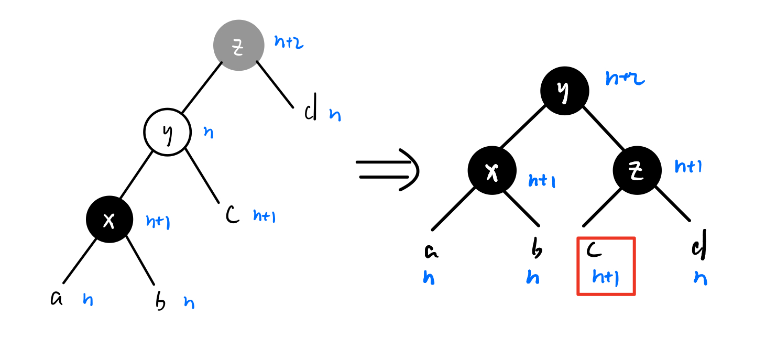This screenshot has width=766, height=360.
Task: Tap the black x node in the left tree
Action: (109, 220)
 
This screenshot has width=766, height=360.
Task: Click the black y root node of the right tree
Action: (564, 91)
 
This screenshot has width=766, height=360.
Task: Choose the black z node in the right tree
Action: (637, 170)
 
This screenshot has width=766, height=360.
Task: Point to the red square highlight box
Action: (606, 266)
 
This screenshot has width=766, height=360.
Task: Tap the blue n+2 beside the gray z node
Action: (289, 42)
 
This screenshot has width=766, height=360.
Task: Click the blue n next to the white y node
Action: (208, 133)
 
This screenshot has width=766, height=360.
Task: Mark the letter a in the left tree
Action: (56, 298)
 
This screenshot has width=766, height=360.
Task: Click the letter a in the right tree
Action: (431, 252)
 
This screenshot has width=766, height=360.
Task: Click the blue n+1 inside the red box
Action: (606, 277)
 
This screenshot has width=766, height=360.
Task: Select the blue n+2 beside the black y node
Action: (625, 79)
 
